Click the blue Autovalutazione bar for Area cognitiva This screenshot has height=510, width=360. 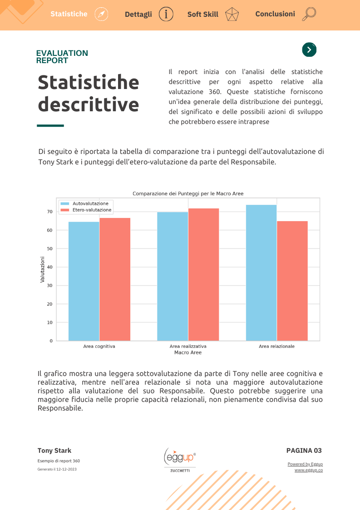84,282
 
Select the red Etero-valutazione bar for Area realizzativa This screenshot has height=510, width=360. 203,274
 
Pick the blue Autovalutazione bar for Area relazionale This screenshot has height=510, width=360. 261,273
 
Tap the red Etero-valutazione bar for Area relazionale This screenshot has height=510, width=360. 292,281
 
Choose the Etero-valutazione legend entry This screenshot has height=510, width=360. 86,210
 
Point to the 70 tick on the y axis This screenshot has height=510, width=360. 50,212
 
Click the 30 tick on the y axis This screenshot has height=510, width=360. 50,286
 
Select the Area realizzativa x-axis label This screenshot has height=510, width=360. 188,347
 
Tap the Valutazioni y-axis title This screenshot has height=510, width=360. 42,270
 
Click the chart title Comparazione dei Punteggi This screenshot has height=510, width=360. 188,193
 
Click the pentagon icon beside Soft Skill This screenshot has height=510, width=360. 232,15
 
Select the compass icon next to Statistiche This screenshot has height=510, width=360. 102,15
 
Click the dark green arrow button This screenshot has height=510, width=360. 309,50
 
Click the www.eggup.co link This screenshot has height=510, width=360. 309,470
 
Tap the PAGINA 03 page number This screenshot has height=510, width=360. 304,451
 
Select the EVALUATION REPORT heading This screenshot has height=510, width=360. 62,57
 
